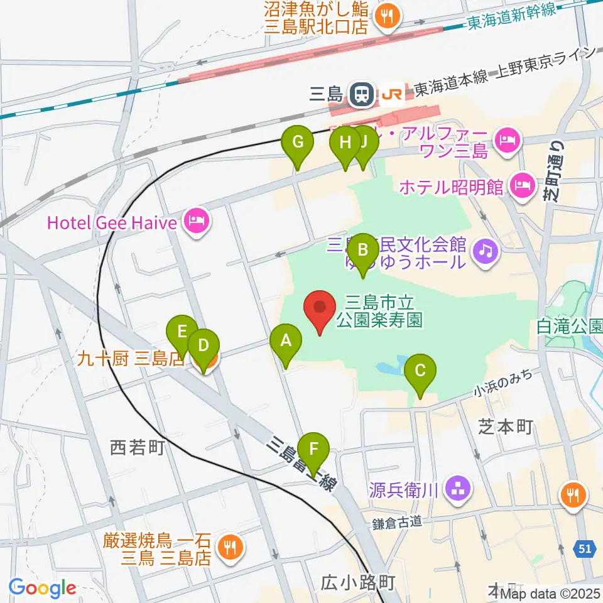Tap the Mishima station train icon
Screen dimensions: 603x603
[x=361, y=94]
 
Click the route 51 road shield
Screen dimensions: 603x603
[x=585, y=549]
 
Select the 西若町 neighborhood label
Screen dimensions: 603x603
[x=137, y=448]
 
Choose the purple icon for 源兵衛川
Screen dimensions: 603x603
[x=455, y=487]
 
